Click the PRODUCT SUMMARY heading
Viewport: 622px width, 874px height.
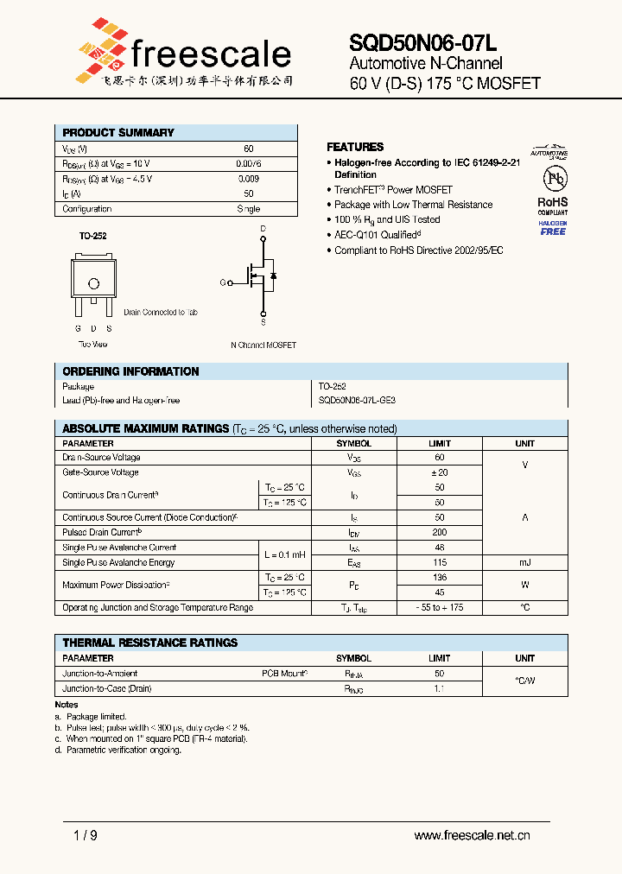(118, 133)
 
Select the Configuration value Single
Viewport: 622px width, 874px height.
(248, 209)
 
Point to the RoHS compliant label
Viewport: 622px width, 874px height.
(553, 205)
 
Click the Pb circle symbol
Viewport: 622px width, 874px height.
(553, 179)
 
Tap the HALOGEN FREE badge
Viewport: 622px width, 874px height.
(553, 228)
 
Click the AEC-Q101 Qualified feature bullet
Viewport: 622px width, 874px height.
(378, 235)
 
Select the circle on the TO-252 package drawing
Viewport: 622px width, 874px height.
(93, 283)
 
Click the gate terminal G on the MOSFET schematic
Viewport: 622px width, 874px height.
(222, 282)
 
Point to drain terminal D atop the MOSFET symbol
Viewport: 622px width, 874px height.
(263, 230)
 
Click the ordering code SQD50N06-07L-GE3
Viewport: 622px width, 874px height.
(358, 401)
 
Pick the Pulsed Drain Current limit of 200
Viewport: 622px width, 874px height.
(440, 533)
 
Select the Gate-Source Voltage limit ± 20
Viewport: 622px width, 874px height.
(440, 472)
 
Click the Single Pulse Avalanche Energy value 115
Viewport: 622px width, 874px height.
(440, 562)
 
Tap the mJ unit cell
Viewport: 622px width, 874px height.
(524, 562)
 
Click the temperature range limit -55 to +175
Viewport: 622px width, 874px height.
(440, 608)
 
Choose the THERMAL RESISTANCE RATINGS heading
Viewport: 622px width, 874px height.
(149, 643)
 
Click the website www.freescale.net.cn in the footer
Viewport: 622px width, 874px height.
(472, 835)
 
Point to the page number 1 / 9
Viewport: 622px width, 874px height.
(86, 835)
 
